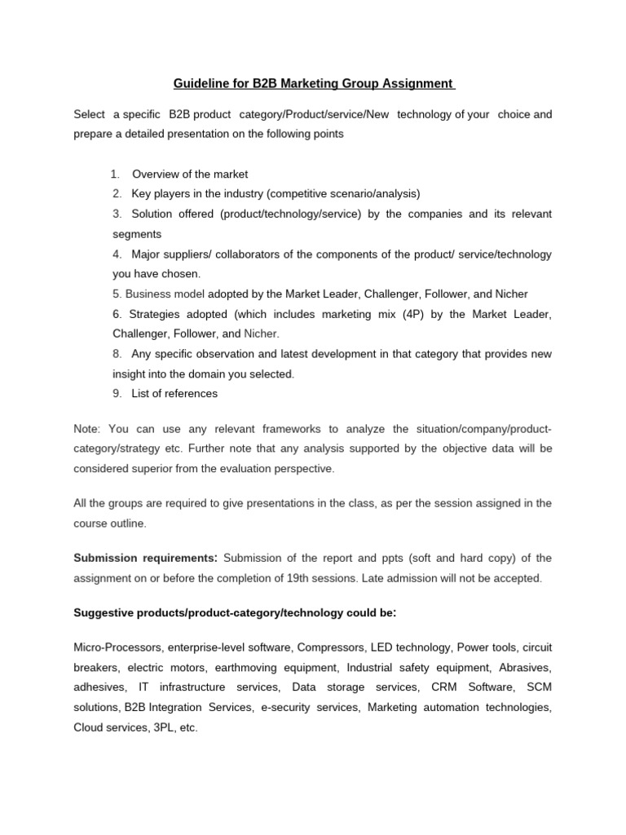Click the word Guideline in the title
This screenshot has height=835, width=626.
pyautogui.click(x=199, y=83)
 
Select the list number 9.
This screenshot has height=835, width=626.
pyautogui.click(x=117, y=393)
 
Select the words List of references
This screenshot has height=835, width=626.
pyautogui.click(x=174, y=393)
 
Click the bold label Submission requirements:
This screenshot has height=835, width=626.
pyautogui.click(x=146, y=558)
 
